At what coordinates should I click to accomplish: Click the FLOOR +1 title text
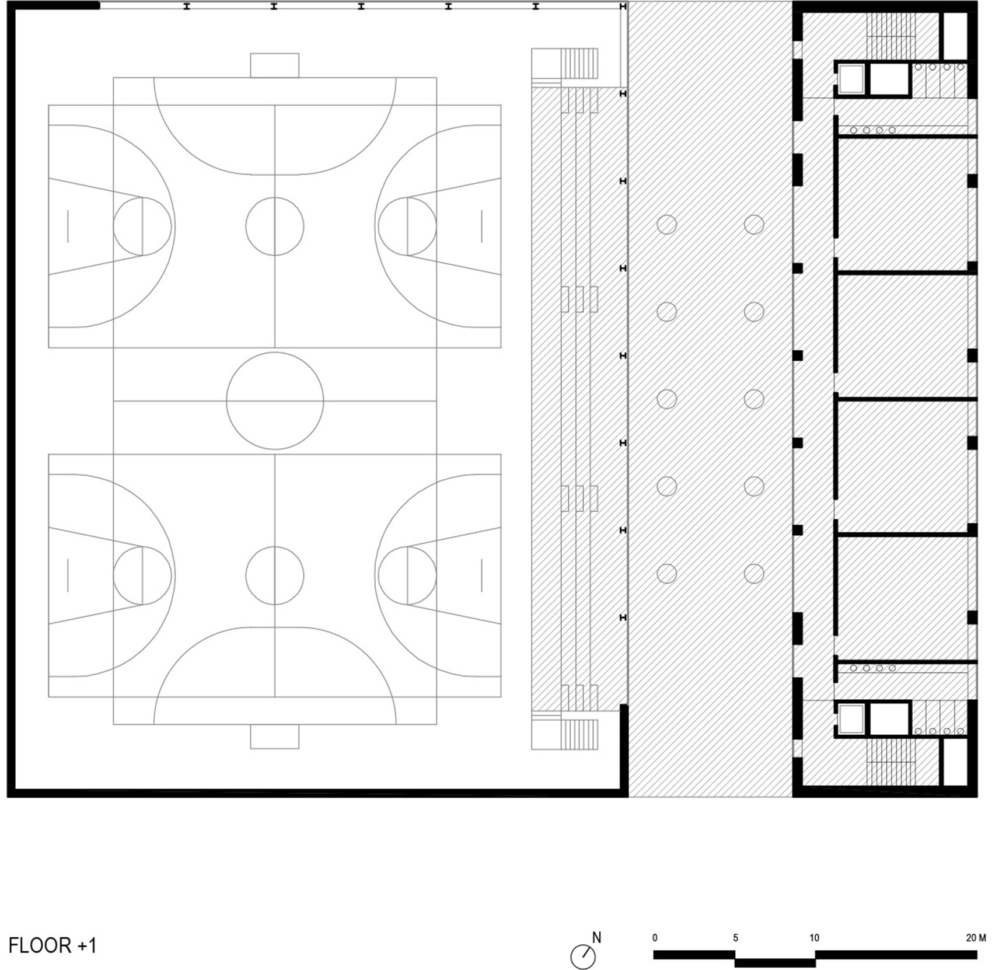pos(53,945)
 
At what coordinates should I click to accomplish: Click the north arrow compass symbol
pos(582,957)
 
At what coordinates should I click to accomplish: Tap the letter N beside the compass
pos(596,937)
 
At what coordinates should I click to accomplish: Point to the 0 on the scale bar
pos(655,938)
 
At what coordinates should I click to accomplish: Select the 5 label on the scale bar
pos(735,938)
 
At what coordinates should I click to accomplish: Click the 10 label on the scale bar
pos(814,938)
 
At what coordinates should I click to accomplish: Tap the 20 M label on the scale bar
pos(976,938)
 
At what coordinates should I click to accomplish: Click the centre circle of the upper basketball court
pos(275,226)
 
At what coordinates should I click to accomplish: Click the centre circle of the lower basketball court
pos(275,575)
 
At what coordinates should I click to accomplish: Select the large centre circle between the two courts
pos(275,401)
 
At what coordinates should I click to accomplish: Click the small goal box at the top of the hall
pos(275,65)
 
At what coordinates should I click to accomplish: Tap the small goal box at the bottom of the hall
pos(275,737)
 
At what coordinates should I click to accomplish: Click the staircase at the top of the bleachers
pos(579,64)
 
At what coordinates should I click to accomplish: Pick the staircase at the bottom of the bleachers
pos(579,735)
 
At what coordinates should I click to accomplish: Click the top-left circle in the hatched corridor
pos(667,225)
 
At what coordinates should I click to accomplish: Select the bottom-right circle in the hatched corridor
pos(754,574)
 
